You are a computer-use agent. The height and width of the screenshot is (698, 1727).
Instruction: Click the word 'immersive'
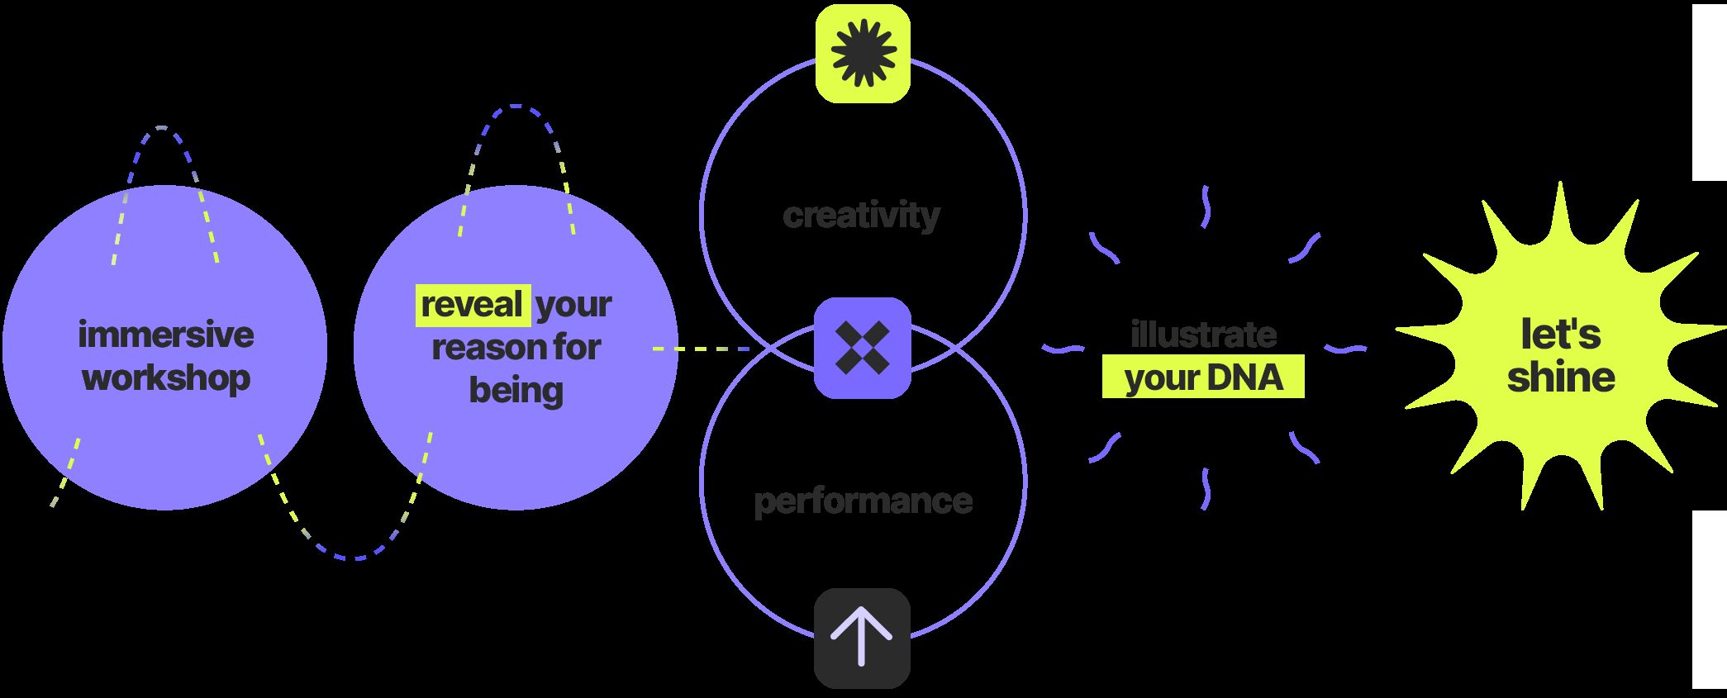click(166, 335)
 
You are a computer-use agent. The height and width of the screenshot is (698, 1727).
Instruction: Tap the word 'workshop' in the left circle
click(166, 378)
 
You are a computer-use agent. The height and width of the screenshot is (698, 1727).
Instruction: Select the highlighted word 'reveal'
click(473, 304)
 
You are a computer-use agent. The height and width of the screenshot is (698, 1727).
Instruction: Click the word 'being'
click(516, 390)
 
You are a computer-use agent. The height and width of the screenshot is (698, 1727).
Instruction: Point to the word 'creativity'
click(861, 215)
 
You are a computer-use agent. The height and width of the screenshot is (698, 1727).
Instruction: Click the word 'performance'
click(863, 501)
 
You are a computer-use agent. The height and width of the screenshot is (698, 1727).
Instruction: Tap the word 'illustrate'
click(1203, 335)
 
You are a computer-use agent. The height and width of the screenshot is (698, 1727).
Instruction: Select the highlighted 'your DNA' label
click(1203, 378)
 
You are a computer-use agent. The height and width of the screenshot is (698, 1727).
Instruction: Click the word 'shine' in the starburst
click(1560, 377)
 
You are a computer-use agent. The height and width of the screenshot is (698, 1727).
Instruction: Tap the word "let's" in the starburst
click(1560, 335)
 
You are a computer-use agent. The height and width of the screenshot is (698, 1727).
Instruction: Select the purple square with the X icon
click(863, 348)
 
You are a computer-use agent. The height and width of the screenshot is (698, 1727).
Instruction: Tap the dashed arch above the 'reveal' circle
click(516, 107)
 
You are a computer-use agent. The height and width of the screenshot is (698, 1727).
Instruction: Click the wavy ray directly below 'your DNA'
click(1206, 488)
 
